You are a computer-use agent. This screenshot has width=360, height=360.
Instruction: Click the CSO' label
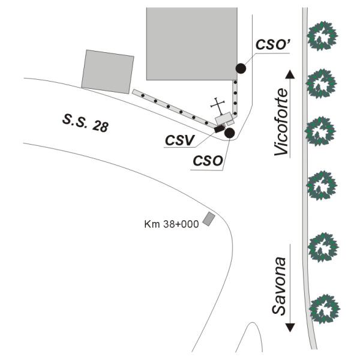coord(273,44)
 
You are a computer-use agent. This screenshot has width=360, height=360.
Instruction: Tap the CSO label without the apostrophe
coord(208,162)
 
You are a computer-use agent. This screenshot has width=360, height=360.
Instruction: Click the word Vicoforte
coord(282,123)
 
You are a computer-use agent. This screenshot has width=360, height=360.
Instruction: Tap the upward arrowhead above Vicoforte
coord(290,74)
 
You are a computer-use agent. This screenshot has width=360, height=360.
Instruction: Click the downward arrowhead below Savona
coord(290,328)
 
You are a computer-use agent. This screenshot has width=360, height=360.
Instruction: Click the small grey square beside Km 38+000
coord(209,219)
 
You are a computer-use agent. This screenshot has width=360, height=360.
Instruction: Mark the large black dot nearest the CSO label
coord(229,133)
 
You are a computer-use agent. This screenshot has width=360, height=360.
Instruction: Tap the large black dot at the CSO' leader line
coord(241,68)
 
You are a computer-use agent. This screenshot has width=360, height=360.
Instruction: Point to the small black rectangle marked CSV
coord(220,128)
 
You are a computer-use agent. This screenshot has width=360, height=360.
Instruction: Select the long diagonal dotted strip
coord(173,109)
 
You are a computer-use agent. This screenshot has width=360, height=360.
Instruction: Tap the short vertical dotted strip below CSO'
coord(236,95)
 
